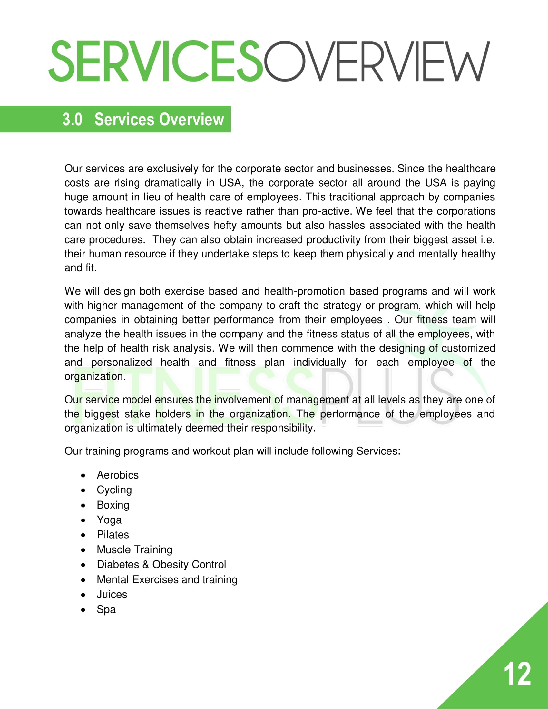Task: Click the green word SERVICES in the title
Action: (156, 61)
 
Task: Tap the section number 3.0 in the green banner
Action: (72, 120)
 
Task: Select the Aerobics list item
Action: (118, 475)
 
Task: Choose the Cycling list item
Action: (114, 490)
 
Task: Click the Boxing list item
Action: (113, 505)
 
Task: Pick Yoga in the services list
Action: (109, 520)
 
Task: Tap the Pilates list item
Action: (113, 535)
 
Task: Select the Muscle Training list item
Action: (134, 549)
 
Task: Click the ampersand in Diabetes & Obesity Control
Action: (145, 565)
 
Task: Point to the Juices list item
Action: (112, 594)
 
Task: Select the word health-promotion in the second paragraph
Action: (304, 291)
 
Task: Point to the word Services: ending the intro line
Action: (378, 451)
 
